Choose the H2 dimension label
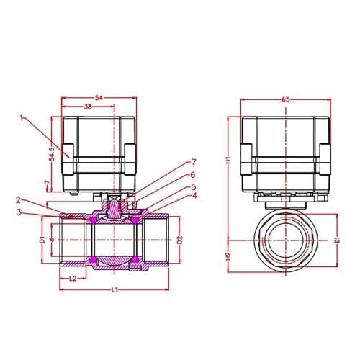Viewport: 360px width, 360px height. (x=225, y=256)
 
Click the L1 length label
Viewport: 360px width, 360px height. (x=114, y=289)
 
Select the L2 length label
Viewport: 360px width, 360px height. (x=73, y=278)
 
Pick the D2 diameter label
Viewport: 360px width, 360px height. (x=180, y=240)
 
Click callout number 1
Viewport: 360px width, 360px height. (x=22, y=117)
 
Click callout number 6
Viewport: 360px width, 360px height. (x=193, y=174)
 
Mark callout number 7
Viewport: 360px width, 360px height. (x=193, y=162)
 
